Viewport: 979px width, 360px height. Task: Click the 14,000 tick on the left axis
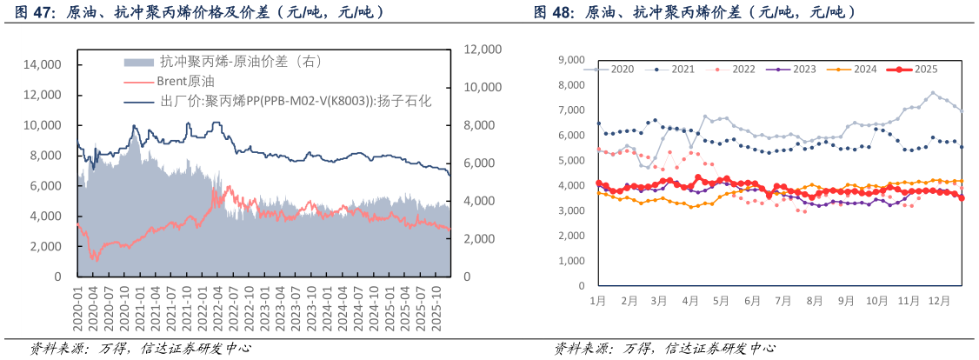(x=42, y=65)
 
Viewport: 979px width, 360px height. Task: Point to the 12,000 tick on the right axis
(x=484, y=50)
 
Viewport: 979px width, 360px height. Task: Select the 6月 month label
(x=752, y=301)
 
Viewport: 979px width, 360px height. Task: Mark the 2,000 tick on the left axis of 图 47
(x=45, y=247)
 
